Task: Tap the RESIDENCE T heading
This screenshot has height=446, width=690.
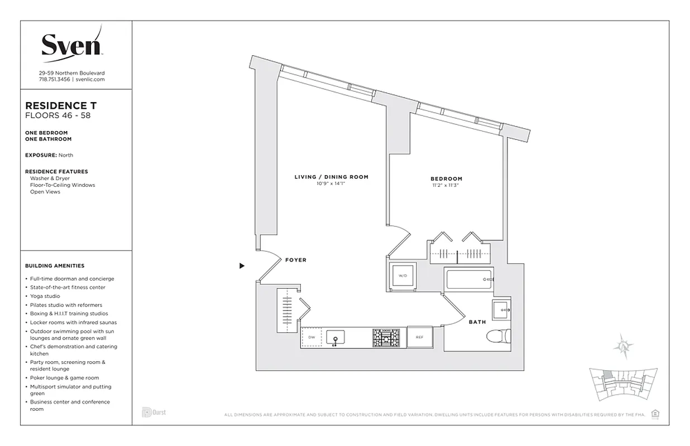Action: pos(57,105)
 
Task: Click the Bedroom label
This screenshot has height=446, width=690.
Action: pos(446,179)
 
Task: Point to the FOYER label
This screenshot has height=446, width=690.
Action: pos(295,260)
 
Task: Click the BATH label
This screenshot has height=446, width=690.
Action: pos(477,322)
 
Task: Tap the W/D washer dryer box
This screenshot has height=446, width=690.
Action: pos(402,276)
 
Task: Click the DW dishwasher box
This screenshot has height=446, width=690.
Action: pos(312,337)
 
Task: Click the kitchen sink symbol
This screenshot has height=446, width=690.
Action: pos(335,337)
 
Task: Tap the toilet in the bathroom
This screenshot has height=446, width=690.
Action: pos(498,337)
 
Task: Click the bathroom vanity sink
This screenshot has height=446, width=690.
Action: pos(501,309)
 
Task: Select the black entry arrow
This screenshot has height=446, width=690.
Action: pos(242,266)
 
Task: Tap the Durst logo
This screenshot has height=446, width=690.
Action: pos(154,413)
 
